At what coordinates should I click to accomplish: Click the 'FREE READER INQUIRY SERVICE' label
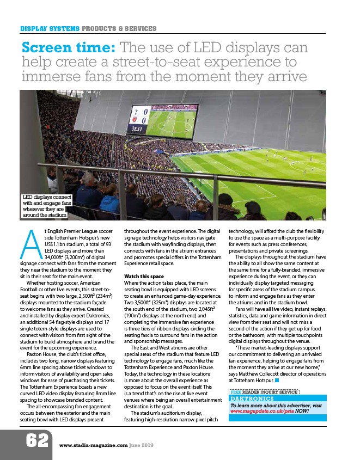pyautogui.click(x=265, y=391)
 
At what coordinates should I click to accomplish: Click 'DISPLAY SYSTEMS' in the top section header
pyautogui.click(x=50, y=28)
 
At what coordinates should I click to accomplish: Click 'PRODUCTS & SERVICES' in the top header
pyautogui.click(x=119, y=28)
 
